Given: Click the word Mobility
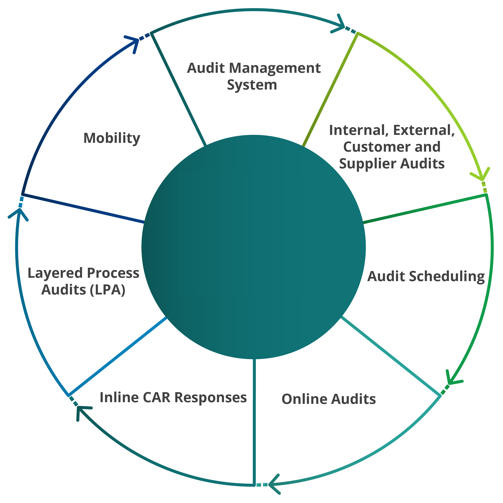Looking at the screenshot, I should [112, 138].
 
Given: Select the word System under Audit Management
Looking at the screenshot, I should [252, 85].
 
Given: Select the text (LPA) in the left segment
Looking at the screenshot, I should [108, 290].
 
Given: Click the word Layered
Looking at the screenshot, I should [55, 273].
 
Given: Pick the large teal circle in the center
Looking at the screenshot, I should [253, 247].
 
